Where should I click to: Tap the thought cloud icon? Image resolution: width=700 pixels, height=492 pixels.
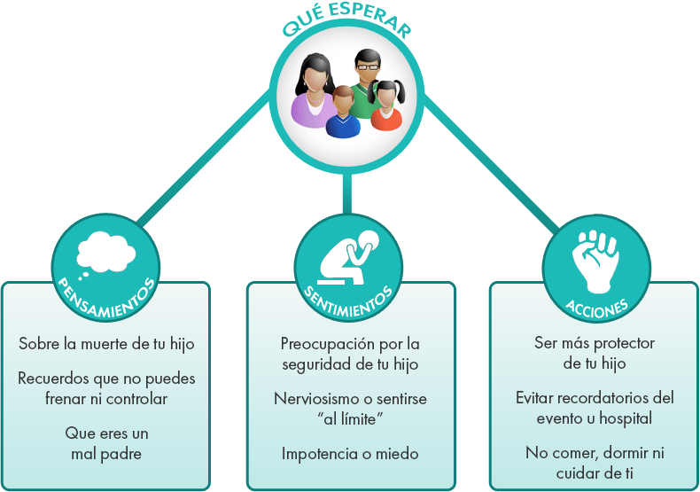105,254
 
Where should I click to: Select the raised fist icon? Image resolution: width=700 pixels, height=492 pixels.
595,262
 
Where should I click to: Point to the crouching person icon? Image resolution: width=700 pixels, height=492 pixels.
348,258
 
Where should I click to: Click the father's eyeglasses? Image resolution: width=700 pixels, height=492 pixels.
368,67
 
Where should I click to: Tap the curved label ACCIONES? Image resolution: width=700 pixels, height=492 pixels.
596,308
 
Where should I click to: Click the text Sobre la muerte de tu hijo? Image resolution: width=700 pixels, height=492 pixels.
106,344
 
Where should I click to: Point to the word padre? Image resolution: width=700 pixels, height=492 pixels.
120,455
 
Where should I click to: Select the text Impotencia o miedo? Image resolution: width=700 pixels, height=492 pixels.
350,454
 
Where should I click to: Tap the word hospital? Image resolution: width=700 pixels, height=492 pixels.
626,418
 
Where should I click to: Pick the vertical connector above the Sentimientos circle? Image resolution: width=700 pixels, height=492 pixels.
346,194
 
